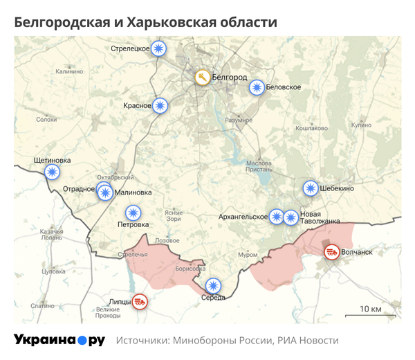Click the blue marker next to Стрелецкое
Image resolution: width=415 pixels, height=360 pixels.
click(160, 48)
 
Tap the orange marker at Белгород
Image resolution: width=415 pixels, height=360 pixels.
click(202, 77)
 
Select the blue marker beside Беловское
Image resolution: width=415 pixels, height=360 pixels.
click(257, 87)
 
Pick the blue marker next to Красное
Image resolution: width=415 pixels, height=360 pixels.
click(160, 105)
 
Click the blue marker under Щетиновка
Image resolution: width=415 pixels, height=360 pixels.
click(52, 172)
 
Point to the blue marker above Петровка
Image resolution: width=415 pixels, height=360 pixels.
click(132, 213)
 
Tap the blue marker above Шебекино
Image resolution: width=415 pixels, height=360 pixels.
click(311, 188)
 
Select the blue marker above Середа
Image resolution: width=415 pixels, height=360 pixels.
click(213, 285)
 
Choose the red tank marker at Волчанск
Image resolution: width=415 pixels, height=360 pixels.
click(332, 251)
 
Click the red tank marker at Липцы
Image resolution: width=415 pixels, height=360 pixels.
click(140, 301)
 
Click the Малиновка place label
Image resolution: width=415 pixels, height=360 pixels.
click(133, 194)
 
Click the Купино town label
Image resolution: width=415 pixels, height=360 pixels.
click(361, 125)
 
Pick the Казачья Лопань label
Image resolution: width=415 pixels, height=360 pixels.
click(52, 234)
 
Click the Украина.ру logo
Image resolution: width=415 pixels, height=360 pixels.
click(59, 340)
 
